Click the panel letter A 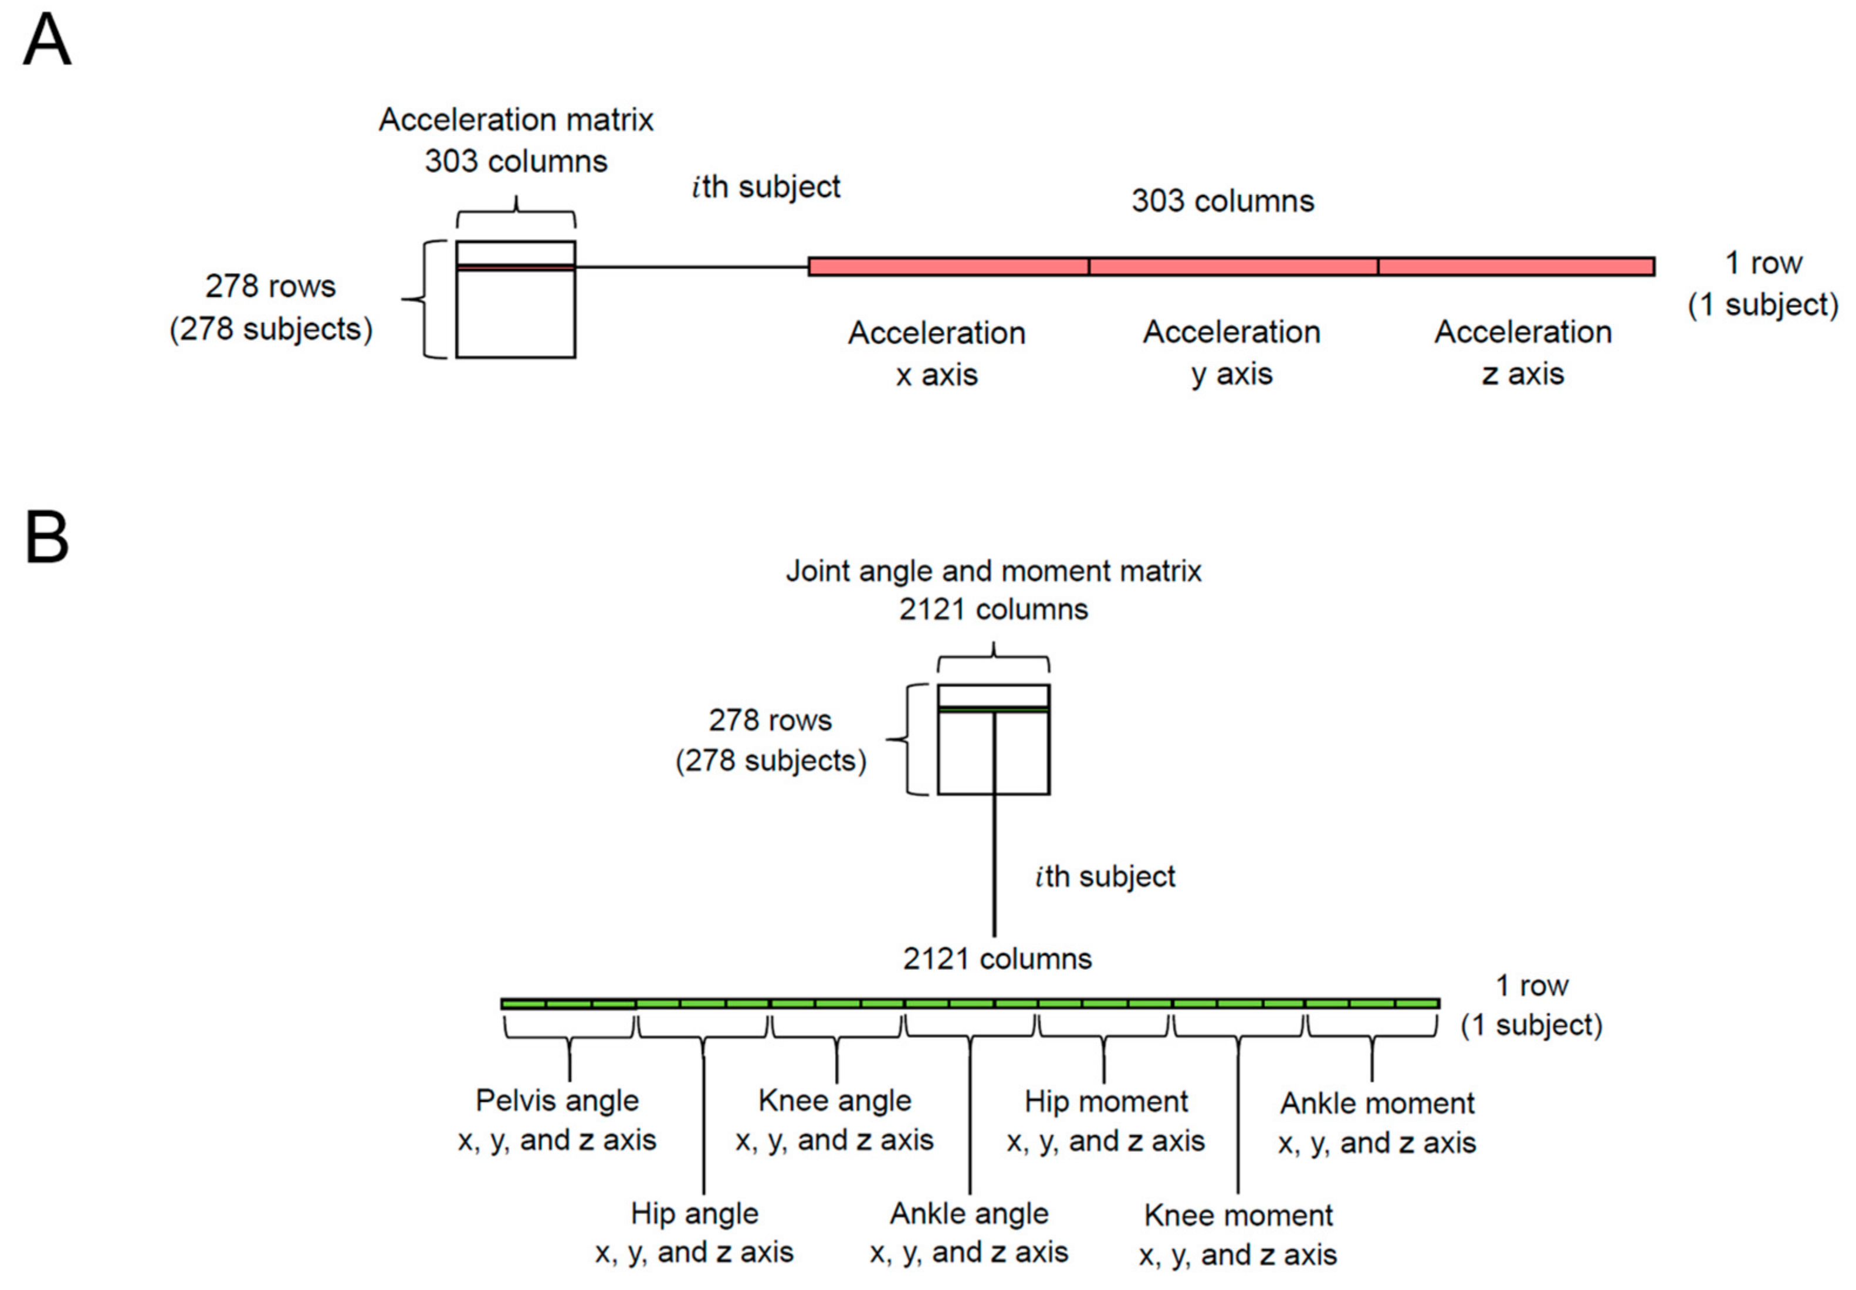47,40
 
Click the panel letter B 47,538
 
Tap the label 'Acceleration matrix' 516,120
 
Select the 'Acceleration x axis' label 936,353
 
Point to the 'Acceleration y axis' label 1231,352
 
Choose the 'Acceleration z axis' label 1523,352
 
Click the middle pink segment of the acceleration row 1233,267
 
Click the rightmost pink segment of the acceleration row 1516,267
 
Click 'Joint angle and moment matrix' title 994,572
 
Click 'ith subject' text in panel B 1105,877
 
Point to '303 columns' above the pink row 1222,201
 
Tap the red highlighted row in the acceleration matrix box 516,267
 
